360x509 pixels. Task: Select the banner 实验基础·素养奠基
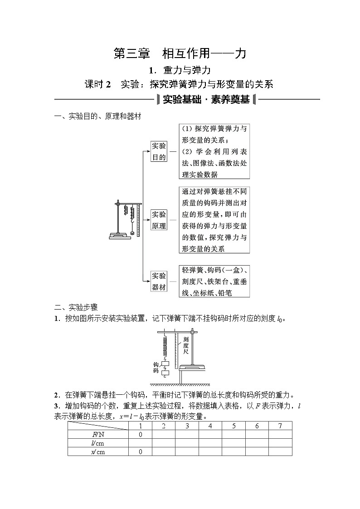[x=206, y=99]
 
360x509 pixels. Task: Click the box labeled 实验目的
[x=159, y=151]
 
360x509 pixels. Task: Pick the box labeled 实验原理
[x=159, y=220]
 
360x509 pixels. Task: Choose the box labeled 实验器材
[x=159, y=281]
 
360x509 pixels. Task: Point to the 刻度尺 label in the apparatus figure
[x=186, y=345]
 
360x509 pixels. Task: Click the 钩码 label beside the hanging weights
[x=156, y=368]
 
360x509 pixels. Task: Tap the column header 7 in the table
[x=280, y=426]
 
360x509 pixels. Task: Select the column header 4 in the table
[x=210, y=426]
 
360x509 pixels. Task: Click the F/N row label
[x=98, y=434]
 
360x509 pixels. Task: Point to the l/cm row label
[x=98, y=443]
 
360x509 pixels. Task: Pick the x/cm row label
[x=98, y=451]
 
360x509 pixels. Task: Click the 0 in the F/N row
[x=141, y=434]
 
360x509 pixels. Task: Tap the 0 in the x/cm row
[x=141, y=451]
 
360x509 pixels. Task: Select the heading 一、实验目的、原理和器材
[x=97, y=117]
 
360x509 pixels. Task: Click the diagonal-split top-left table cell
[x=98, y=426]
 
